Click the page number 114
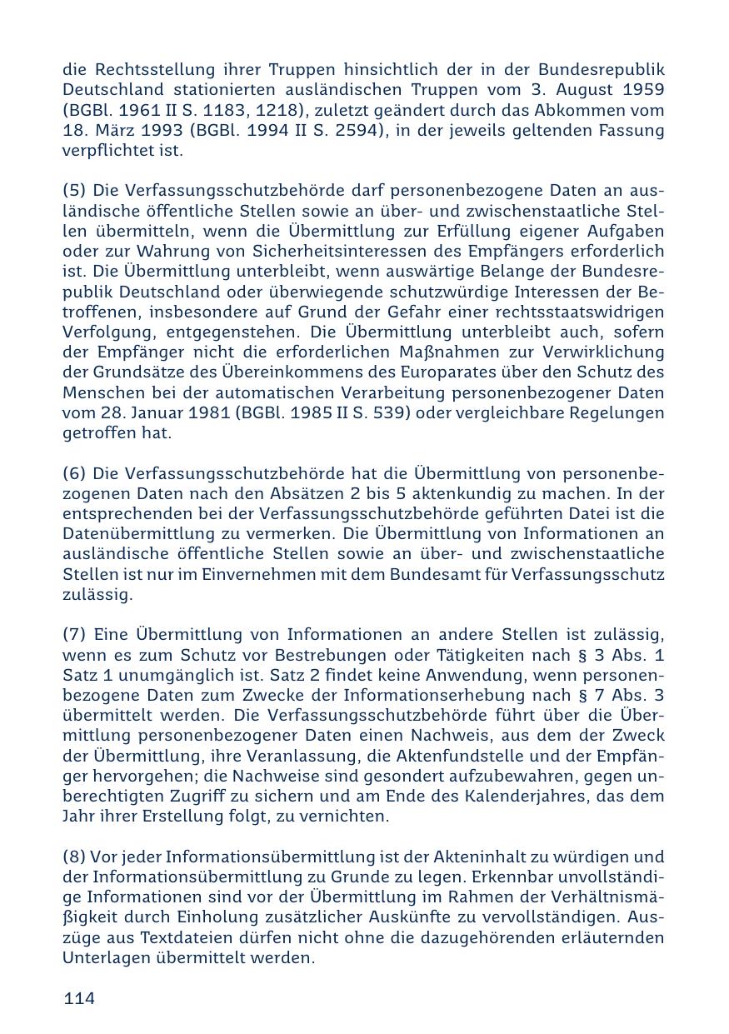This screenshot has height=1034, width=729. tap(79, 998)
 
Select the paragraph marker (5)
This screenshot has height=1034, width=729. tap(74, 191)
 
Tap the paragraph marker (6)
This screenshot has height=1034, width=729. tap(74, 473)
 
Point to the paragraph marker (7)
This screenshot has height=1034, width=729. tap(74, 635)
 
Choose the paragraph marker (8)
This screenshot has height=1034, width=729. tap(74, 857)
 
